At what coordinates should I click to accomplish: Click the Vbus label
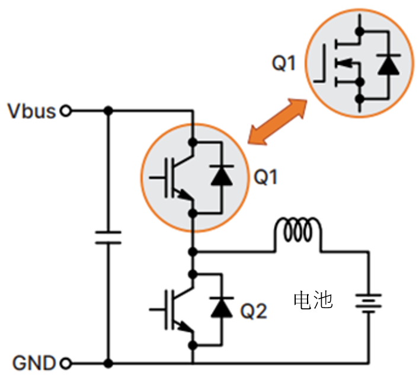coord(31,111)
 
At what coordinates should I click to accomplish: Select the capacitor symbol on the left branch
coord(108,237)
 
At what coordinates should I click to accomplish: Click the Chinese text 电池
coord(313,300)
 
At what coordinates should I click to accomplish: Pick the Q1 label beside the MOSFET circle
coord(283,63)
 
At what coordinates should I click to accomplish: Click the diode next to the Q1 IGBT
coord(222,177)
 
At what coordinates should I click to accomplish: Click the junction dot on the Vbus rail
coord(108,110)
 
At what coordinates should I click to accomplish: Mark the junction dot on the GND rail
coord(108,362)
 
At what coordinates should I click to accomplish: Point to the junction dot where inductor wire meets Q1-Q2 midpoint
coord(193,252)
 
